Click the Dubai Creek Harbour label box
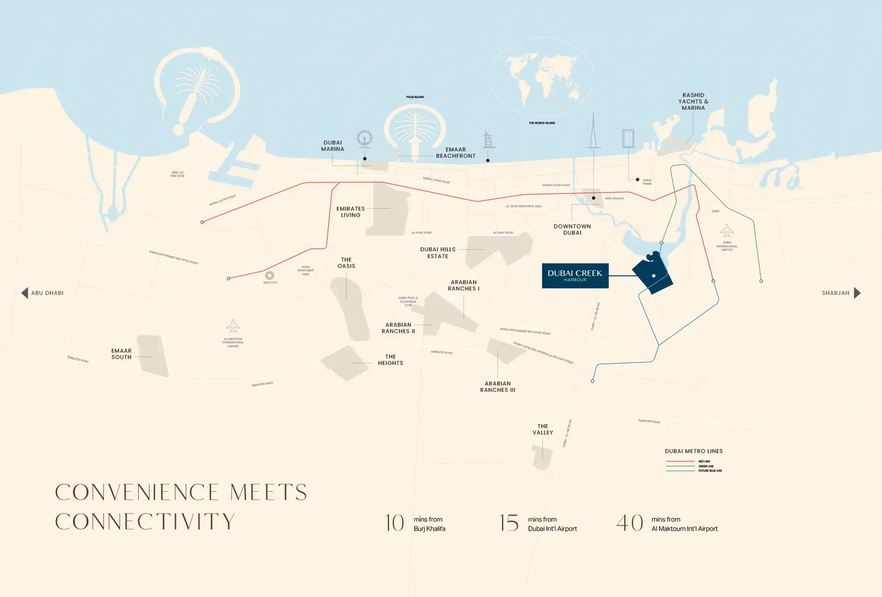575,276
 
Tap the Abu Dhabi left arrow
24,293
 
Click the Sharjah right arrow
857,293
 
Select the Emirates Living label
350,212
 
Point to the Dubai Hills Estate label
438,253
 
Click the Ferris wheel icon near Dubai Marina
364,139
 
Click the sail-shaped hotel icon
488,140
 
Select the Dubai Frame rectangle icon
628,139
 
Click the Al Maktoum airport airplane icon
233,326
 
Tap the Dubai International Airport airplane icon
727,230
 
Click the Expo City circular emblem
269,275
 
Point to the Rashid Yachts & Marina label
693,101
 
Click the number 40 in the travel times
630,523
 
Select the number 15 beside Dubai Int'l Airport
509,523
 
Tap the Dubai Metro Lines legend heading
693,451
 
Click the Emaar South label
122,354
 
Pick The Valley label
543,430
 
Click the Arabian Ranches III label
497,387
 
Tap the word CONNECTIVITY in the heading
145,522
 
